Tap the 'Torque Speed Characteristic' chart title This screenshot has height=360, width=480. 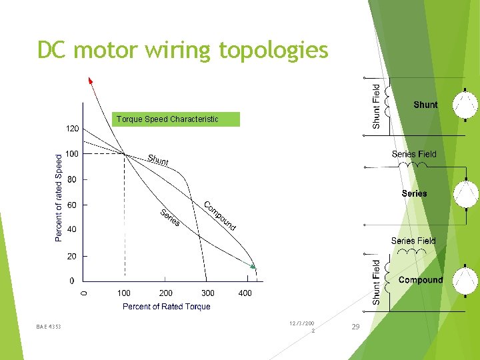point(167,119)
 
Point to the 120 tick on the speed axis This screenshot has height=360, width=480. point(73,128)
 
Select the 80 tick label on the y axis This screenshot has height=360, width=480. point(73,179)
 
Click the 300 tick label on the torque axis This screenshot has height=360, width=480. point(208,293)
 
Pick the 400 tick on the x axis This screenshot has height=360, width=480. point(245,293)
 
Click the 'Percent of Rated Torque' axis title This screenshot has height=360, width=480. point(166,307)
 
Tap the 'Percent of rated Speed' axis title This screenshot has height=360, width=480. point(59,199)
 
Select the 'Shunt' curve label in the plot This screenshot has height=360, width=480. point(158,160)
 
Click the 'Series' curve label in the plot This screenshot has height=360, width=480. point(169,217)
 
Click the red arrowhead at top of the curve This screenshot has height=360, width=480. point(91,81)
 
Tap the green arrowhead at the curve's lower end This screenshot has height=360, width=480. point(253,266)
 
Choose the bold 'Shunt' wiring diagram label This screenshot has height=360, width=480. point(425,105)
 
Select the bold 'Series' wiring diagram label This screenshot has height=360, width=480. point(414,193)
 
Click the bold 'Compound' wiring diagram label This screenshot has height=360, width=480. point(420,280)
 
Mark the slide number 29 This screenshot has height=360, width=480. point(355,327)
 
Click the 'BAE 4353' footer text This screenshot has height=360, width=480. point(49,327)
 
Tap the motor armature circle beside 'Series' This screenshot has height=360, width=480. point(465,194)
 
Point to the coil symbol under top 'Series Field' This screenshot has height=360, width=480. point(411,167)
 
